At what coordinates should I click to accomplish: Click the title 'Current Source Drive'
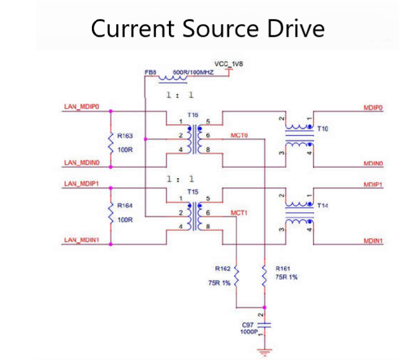(208, 28)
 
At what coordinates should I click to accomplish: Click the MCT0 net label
(238, 136)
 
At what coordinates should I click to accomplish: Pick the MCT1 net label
(238, 212)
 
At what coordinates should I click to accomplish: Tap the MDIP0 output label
(373, 108)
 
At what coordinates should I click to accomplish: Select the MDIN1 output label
(373, 241)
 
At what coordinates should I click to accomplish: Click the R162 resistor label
(222, 268)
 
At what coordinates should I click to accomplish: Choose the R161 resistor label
(282, 268)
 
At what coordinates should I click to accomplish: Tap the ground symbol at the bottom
(262, 350)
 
